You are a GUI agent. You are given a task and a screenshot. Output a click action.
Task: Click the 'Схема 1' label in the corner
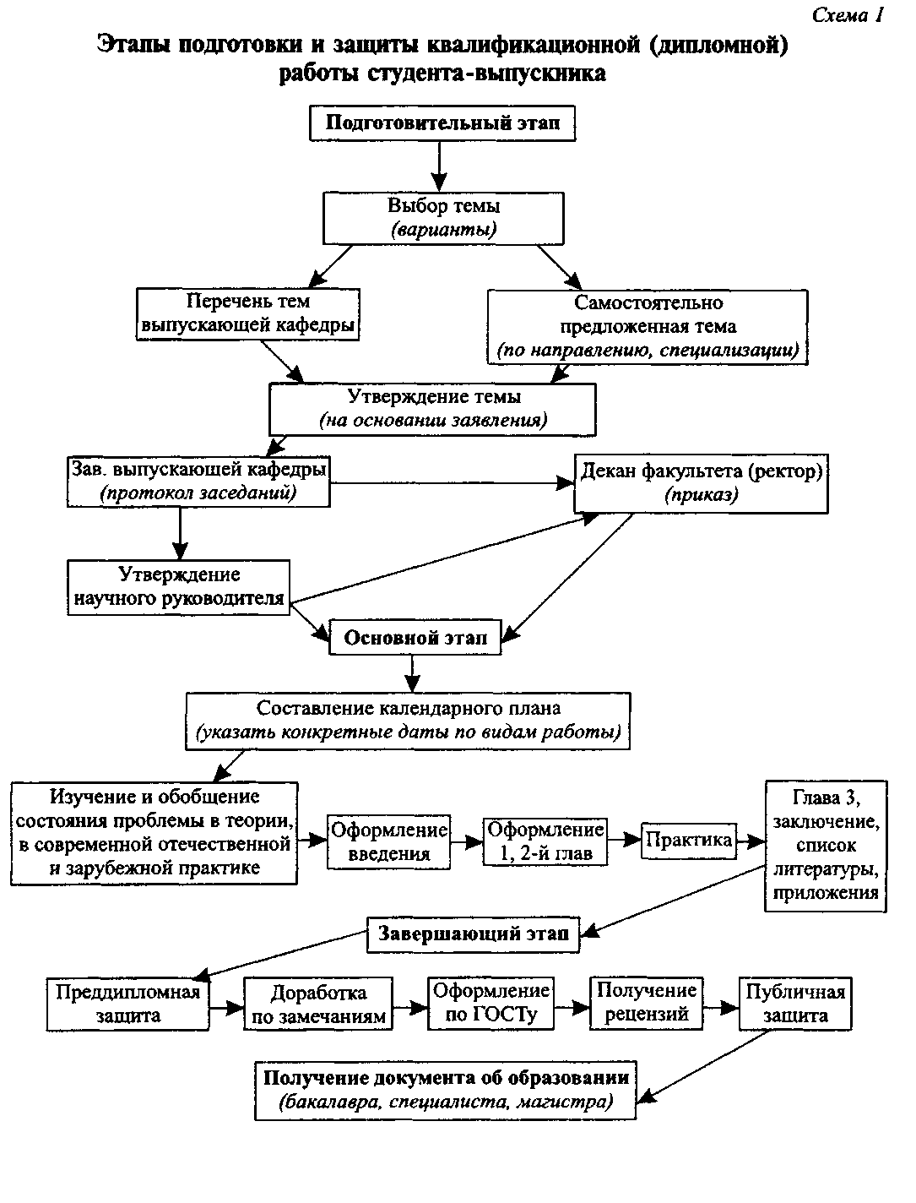tap(847, 15)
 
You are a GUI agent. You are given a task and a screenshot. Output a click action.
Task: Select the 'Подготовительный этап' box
tap(442, 123)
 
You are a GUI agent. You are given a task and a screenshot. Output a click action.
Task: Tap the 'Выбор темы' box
tap(443, 218)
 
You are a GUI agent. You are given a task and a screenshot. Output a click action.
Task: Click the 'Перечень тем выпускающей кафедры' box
tap(247, 314)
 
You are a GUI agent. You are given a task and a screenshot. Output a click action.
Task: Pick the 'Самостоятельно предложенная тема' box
tap(648, 327)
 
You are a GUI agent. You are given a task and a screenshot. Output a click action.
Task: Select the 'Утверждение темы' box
tap(432, 410)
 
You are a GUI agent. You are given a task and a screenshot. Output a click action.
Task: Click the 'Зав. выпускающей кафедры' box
tap(198, 482)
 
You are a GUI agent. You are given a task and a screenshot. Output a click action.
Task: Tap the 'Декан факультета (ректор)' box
tap(701, 483)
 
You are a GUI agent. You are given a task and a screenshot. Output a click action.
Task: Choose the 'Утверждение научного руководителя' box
tap(178, 587)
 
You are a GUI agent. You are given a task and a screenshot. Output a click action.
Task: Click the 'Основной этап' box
tap(415, 637)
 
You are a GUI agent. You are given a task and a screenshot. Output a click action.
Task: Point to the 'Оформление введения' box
tap(388, 841)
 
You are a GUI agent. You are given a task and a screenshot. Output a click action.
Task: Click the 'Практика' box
tap(689, 841)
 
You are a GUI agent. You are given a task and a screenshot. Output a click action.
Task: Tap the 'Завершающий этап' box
tap(473, 934)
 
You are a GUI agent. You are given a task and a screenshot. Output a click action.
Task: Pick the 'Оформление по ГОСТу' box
tap(491, 1003)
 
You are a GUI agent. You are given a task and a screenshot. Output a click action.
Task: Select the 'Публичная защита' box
tap(795, 1004)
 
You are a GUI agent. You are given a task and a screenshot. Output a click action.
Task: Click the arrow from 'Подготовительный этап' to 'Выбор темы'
tap(439, 166)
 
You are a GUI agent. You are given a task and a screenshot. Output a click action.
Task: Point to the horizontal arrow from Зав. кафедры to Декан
tap(453, 483)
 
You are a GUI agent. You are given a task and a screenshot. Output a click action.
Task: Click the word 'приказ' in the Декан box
tap(702, 495)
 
